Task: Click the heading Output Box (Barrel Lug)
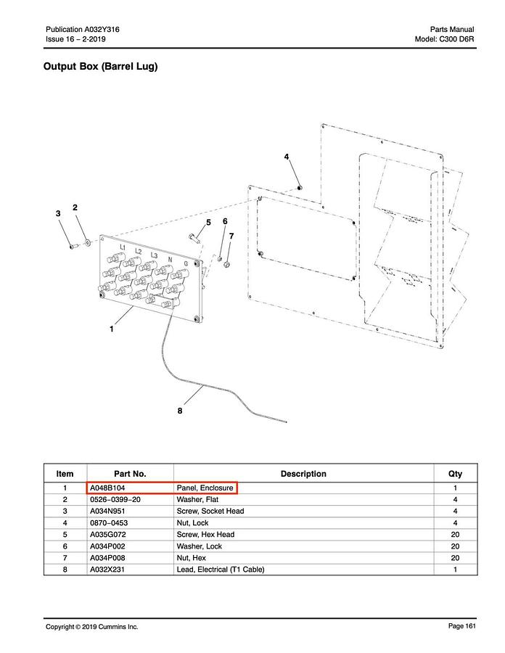pyautogui.click(x=100, y=67)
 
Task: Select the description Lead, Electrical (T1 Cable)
pyautogui.click(x=221, y=570)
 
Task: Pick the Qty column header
pyautogui.click(x=455, y=474)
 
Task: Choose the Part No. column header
pyautogui.click(x=130, y=474)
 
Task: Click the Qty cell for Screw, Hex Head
pyautogui.click(x=455, y=535)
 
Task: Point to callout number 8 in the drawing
pyautogui.click(x=180, y=411)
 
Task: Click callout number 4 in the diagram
pyautogui.click(x=287, y=157)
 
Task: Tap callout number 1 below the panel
pyautogui.click(x=112, y=329)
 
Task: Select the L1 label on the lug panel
pyautogui.click(x=123, y=248)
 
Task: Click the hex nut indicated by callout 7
pyautogui.click(x=227, y=264)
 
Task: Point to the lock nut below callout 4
pyautogui.click(x=299, y=189)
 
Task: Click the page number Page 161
pyautogui.click(x=460, y=626)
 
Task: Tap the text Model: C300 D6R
pyautogui.click(x=445, y=39)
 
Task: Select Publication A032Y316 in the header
pyautogui.click(x=83, y=29)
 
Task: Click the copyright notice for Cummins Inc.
pyautogui.click(x=92, y=627)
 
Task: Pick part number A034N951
pyautogui.click(x=107, y=512)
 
